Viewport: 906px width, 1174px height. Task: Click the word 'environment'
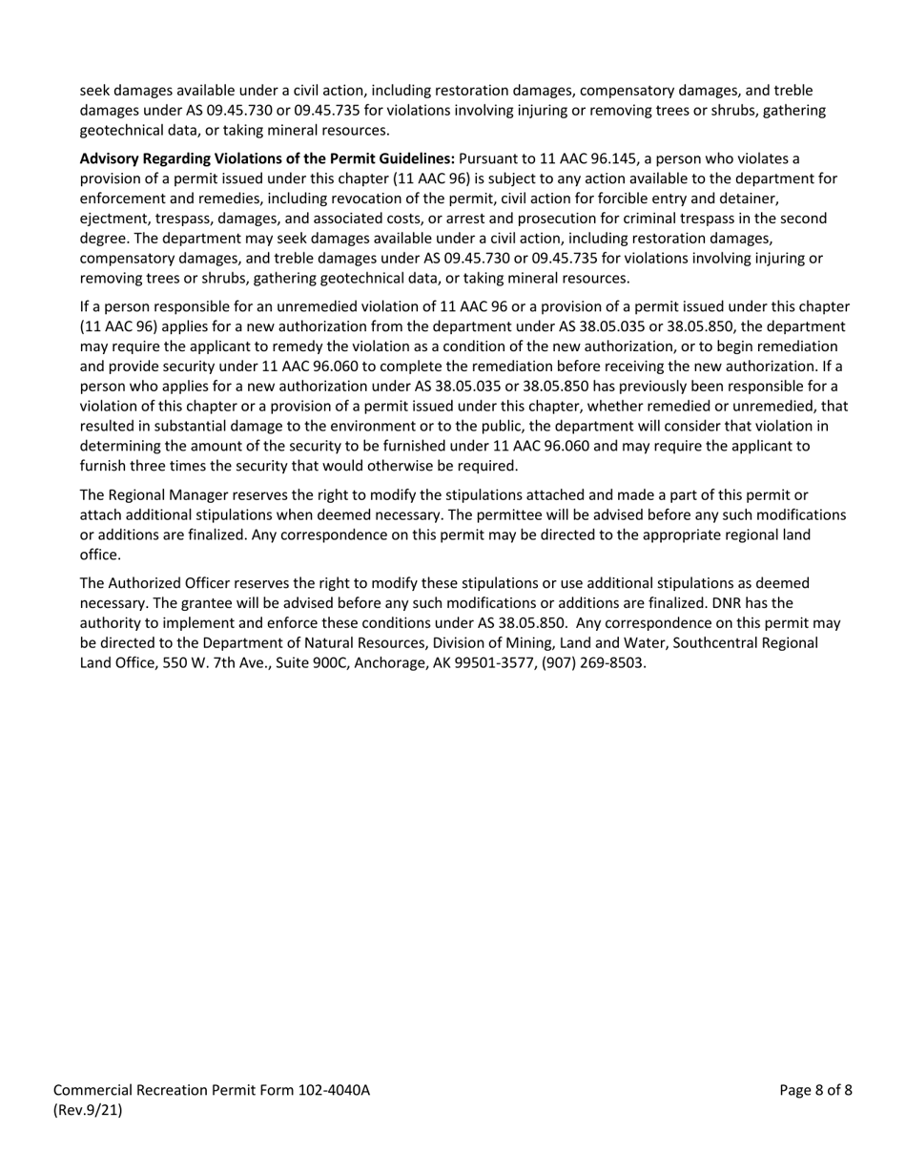coord(376,426)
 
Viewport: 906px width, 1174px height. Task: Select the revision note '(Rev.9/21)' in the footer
coord(88,1110)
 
